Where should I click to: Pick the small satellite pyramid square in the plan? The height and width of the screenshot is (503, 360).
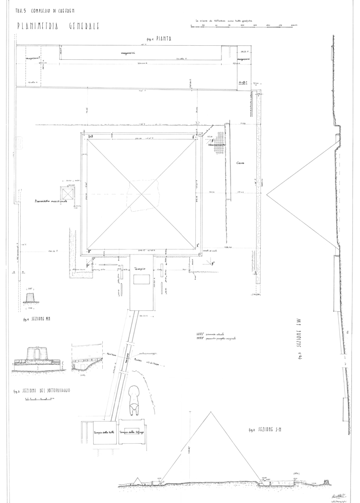point(68,193)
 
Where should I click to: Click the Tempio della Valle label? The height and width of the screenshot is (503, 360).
point(102,432)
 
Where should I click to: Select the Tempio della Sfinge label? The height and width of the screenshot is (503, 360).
point(131,432)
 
